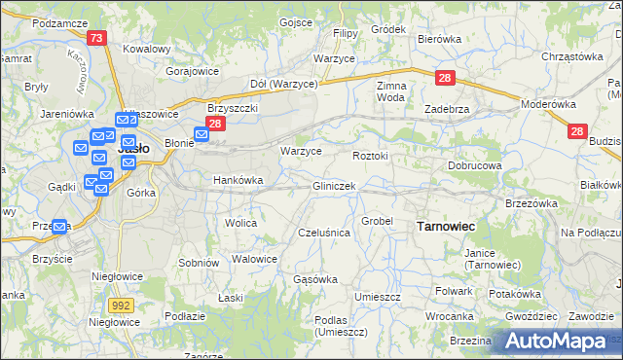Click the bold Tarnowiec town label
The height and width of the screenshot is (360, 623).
[445, 226]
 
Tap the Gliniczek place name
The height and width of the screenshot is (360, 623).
[334, 185]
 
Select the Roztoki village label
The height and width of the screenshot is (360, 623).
[370, 156]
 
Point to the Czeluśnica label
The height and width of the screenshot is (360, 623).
[323, 233]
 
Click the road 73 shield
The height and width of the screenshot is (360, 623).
[95, 38]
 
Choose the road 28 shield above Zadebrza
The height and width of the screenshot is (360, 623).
[444, 78]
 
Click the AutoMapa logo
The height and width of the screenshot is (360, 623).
[556, 341]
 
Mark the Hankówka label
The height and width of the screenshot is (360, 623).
[238, 180]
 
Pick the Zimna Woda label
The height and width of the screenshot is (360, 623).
[390, 91]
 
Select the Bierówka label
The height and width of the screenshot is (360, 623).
[438, 39]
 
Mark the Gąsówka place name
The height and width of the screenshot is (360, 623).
[315, 279]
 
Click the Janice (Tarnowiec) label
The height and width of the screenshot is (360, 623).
[494, 258]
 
